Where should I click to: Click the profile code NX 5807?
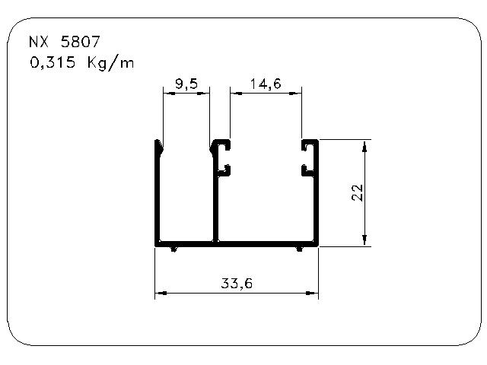click(x=64, y=42)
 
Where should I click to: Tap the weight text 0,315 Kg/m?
click(x=82, y=62)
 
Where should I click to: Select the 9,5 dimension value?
click(x=186, y=84)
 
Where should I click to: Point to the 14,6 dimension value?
click(x=266, y=84)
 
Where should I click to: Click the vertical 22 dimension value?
click(x=357, y=192)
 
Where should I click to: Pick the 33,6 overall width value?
click(x=237, y=284)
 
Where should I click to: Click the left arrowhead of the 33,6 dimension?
click(x=161, y=293)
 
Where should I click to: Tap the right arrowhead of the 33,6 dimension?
click(x=312, y=293)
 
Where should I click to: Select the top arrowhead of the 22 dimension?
click(x=365, y=146)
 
